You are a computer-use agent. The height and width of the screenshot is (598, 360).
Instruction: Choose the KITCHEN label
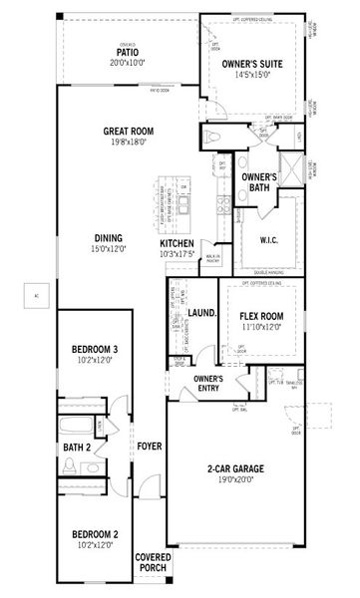(177, 244)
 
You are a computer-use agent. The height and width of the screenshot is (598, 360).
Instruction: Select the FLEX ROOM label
(261, 317)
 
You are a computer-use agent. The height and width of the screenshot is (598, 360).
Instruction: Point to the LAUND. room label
(202, 313)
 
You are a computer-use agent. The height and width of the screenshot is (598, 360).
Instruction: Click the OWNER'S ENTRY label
(206, 384)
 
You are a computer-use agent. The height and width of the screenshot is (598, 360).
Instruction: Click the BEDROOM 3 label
(95, 348)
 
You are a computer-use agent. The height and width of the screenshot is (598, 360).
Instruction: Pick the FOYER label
(150, 447)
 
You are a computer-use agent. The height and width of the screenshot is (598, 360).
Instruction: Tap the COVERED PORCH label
(152, 562)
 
